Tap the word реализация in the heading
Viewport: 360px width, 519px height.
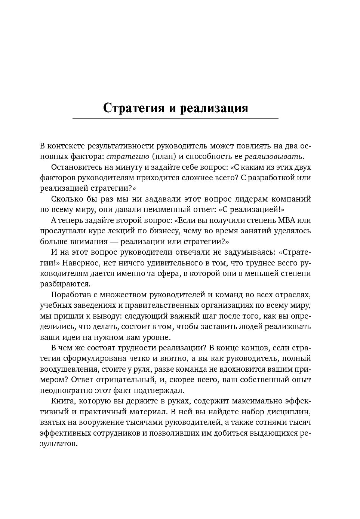214,108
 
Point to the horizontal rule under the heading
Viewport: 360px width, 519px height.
175,118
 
